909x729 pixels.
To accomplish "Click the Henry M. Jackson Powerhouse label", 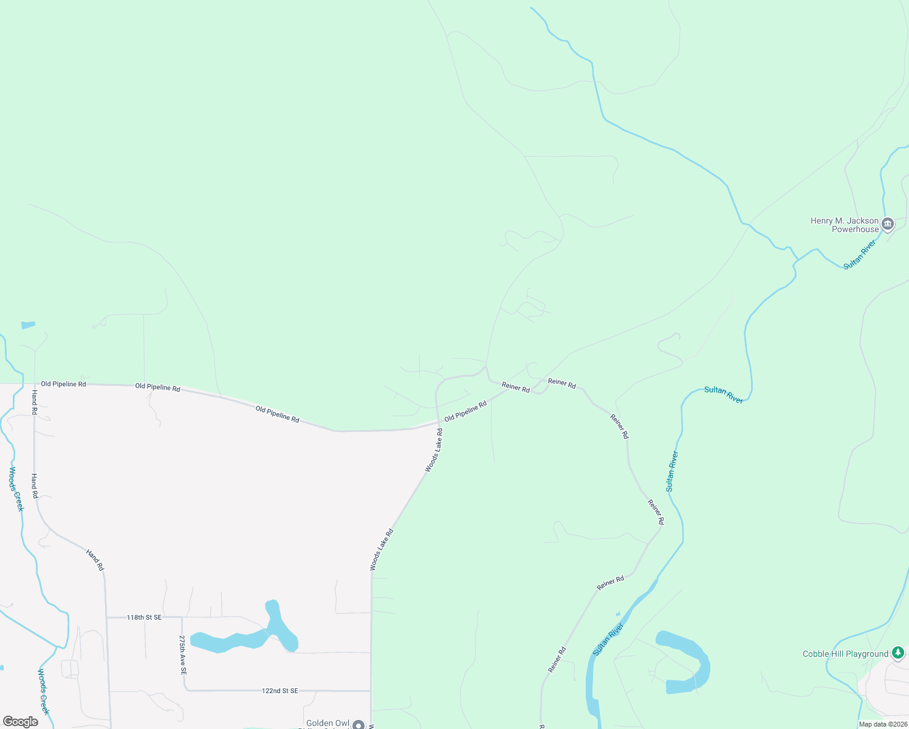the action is [x=845, y=225].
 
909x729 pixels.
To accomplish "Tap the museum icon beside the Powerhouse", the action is [x=888, y=225].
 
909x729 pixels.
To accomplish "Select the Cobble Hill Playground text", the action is [x=845, y=654].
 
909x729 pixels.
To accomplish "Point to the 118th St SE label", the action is [x=144, y=617].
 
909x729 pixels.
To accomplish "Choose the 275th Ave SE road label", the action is [x=182, y=655].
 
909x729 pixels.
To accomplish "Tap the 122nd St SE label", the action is [x=280, y=691].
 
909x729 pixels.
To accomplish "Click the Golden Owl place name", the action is [x=328, y=723].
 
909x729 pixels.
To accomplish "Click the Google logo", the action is [x=21, y=722].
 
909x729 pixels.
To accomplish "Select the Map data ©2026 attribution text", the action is [x=883, y=724].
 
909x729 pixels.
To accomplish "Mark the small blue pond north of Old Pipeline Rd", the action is [x=28, y=325].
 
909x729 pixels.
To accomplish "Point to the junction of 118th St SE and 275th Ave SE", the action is [x=182, y=617].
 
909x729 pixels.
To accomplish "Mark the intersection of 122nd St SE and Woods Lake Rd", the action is [x=371, y=691].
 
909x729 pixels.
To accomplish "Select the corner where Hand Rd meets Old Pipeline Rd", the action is [x=35, y=384].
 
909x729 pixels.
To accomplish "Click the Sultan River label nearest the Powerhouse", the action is [x=859, y=255].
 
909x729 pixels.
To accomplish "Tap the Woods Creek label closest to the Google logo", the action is [x=43, y=691].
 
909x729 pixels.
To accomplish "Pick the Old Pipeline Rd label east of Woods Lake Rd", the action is [x=465, y=411].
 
